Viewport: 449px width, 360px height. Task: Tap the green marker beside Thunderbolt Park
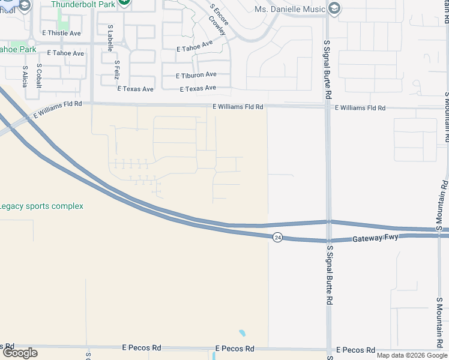(124, 2)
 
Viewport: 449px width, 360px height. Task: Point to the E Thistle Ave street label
(61, 33)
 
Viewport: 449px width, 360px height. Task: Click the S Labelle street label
(110, 37)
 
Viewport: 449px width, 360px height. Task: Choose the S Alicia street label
(25, 76)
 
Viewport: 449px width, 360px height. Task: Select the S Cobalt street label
(39, 76)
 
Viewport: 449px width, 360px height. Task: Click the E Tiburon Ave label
(196, 75)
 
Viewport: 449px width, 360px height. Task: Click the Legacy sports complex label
(41, 206)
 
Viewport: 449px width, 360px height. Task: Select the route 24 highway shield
(277, 237)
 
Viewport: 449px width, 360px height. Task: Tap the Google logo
(19, 353)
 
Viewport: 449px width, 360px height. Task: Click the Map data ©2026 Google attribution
(412, 355)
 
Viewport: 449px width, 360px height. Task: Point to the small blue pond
(243, 333)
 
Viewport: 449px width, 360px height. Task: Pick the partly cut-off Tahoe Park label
(17, 50)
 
